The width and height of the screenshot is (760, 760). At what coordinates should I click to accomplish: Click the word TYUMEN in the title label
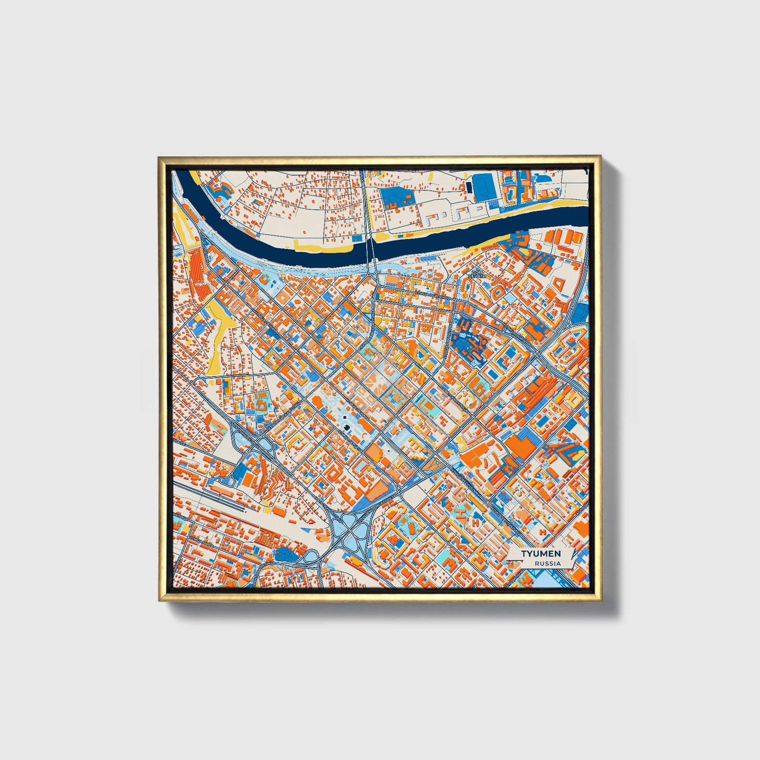coord(541,553)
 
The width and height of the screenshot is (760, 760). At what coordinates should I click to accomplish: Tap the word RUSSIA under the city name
coord(548,563)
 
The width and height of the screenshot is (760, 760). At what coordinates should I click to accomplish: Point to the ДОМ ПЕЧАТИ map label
coord(478,274)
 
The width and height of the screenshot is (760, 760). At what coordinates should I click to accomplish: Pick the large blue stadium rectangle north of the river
coord(483,186)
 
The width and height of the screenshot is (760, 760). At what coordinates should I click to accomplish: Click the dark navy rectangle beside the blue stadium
coord(468,187)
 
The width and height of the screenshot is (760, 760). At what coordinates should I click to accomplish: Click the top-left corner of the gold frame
coord(159,157)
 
